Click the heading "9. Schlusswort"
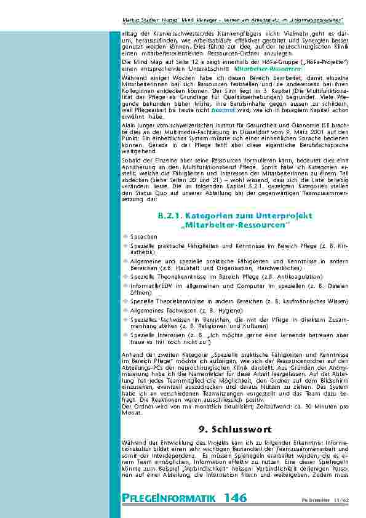236,428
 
